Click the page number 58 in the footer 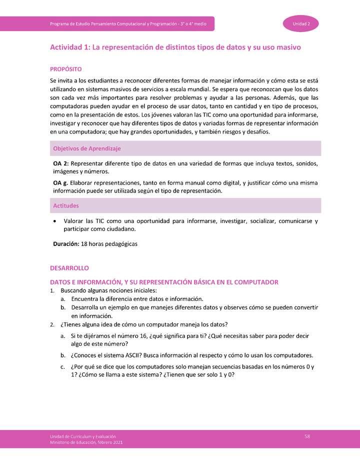click(x=307, y=436)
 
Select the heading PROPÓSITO click(x=65, y=69)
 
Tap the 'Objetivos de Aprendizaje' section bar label click(x=87, y=148)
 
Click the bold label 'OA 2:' click(x=61, y=163)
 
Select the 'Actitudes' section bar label click(x=66, y=205)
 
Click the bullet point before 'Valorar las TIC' click(x=54, y=221)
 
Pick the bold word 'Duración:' click(x=66, y=244)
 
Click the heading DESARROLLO click(x=69, y=268)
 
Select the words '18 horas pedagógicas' click(x=109, y=244)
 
